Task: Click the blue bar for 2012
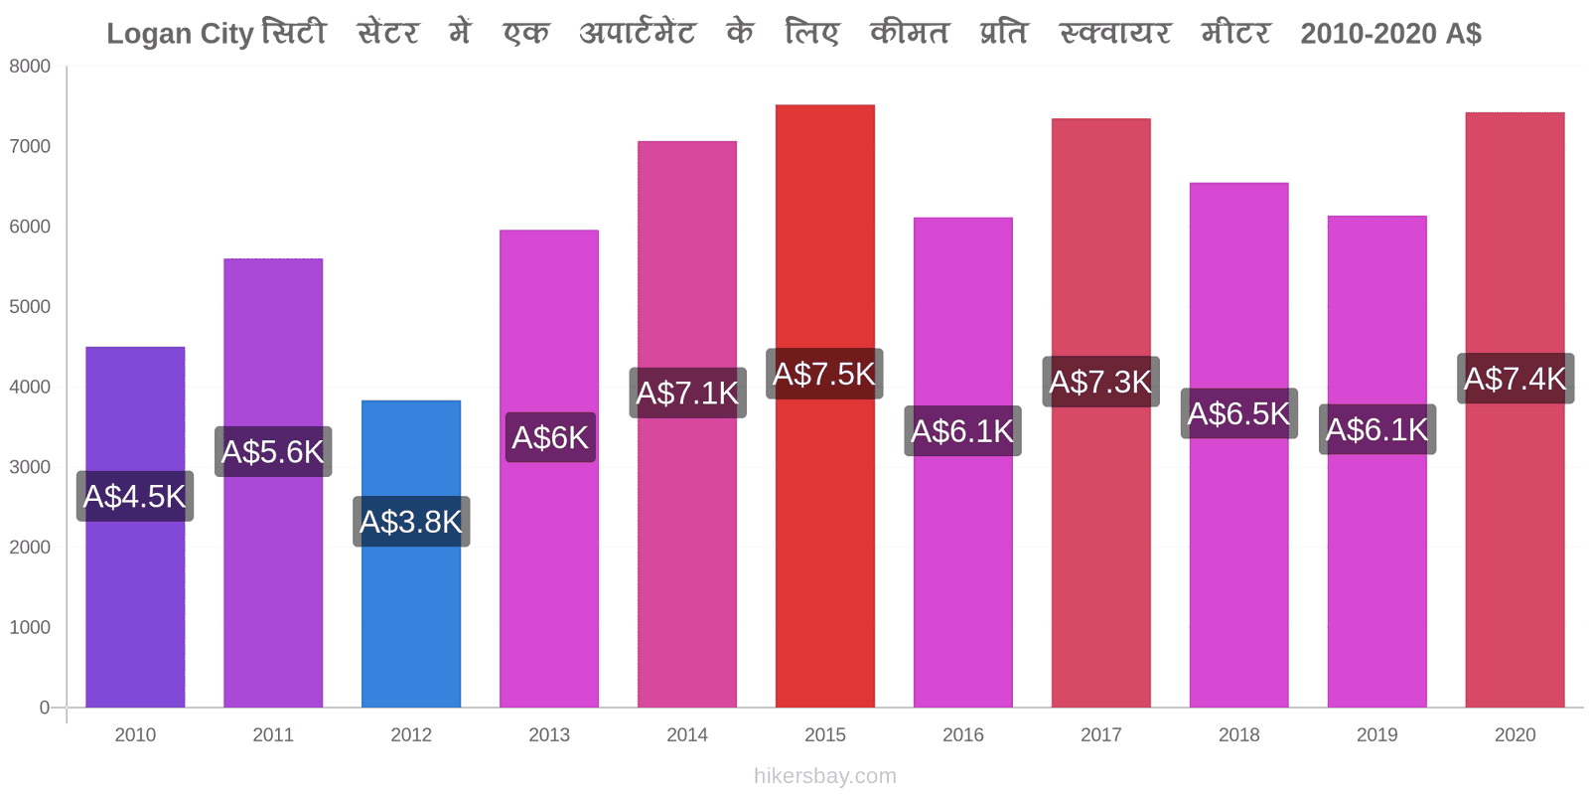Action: tap(411, 554)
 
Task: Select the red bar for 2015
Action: tap(825, 406)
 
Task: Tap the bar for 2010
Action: tap(135, 527)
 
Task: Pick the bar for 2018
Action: tap(1238, 445)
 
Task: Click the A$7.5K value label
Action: tap(824, 374)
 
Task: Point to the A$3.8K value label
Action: tap(411, 521)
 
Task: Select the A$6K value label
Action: tap(550, 437)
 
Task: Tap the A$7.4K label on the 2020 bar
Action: tap(1516, 379)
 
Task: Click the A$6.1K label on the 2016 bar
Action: tap(962, 431)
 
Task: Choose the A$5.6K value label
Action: tap(273, 451)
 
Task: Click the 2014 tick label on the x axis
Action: tap(686, 734)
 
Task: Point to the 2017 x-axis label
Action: tap(1101, 734)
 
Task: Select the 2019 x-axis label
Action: tap(1376, 734)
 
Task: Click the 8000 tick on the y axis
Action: tap(30, 66)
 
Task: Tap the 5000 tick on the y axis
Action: tap(30, 307)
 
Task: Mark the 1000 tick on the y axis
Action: tap(30, 627)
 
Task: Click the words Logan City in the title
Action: tap(180, 34)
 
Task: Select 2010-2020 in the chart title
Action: tap(1358, 34)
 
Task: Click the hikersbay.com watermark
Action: tap(825, 776)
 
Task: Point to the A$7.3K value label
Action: tap(1101, 382)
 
